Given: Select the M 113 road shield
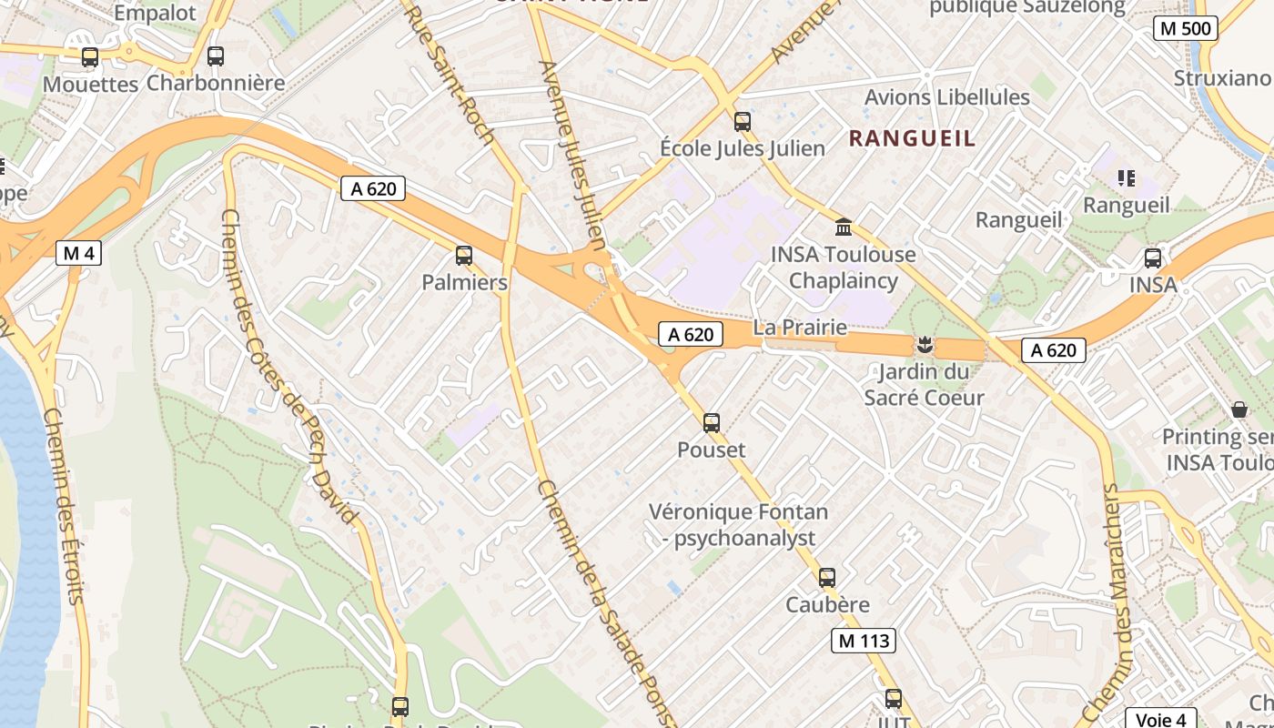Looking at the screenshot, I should point(864,641).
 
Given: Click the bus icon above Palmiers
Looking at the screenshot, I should point(464,256).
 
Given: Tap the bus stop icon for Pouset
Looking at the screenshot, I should point(712,422).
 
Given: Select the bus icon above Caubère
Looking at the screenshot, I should point(826,578).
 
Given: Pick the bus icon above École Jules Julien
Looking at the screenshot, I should point(743,121).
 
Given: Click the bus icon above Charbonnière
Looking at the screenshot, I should point(216,56).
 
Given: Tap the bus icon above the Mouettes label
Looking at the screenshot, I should point(90,56).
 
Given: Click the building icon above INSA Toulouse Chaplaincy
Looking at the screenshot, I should point(844,227).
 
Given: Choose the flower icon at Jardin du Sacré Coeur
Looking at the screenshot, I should point(925,345).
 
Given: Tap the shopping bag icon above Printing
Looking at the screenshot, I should point(1239,409).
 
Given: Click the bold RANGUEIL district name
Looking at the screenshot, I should point(912,138).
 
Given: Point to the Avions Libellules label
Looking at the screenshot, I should point(946,97).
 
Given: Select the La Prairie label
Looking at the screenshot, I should point(800,328).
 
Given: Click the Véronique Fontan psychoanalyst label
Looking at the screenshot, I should point(738,525).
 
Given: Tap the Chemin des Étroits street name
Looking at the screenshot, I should point(64,505).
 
